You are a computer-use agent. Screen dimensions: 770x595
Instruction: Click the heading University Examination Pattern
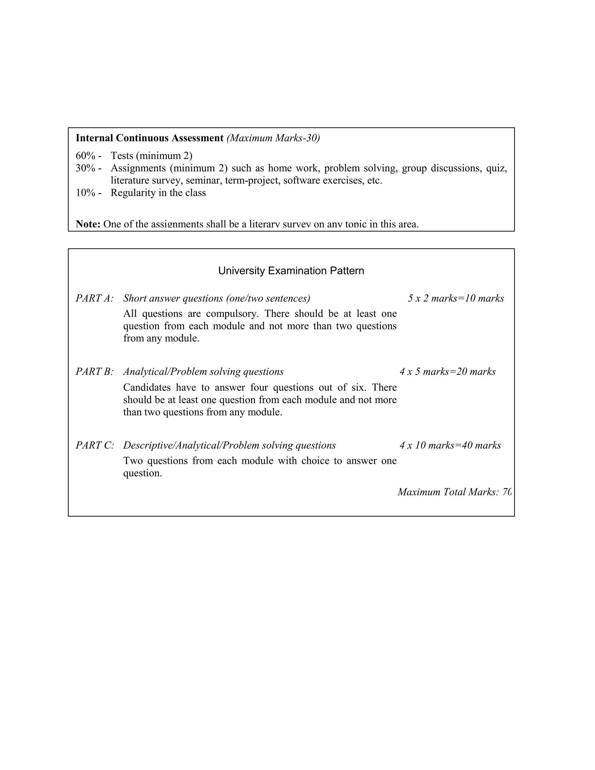(x=291, y=271)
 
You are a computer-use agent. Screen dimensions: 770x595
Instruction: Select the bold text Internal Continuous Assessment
(x=149, y=138)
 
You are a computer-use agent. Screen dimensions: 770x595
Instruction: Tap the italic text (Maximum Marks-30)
(x=273, y=138)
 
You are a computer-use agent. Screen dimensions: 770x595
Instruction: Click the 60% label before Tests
(x=86, y=155)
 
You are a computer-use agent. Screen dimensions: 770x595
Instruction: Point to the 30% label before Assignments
(x=86, y=168)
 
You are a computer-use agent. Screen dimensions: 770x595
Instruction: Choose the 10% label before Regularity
(x=86, y=193)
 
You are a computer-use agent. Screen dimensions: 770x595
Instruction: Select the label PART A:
(x=94, y=298)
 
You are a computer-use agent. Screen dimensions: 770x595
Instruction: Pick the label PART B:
(x=94, y=372)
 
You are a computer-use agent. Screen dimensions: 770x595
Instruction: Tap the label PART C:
(x=95, y=445)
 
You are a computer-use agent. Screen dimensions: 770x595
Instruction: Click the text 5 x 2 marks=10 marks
(x=456, y=298)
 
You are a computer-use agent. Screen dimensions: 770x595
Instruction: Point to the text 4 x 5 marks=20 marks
(x=448, y=372)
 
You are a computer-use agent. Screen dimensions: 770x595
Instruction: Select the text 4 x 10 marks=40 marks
(x=450, y=445)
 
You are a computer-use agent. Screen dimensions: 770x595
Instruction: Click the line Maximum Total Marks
(x=454, y=492)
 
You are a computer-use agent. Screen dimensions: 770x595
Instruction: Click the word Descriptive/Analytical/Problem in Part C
(x=196, y=445)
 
